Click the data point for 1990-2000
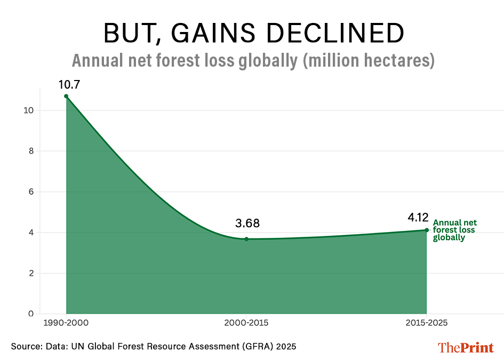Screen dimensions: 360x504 66,96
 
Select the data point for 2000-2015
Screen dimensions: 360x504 246,239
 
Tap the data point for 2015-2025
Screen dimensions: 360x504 427,230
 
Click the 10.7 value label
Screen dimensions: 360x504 69,84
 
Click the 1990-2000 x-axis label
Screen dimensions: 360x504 66,323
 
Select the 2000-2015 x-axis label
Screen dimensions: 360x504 246,323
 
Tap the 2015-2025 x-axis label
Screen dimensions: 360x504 427,323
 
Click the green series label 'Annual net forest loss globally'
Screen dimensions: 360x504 454,230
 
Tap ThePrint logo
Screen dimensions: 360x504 466,347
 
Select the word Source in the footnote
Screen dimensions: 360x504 25,347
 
